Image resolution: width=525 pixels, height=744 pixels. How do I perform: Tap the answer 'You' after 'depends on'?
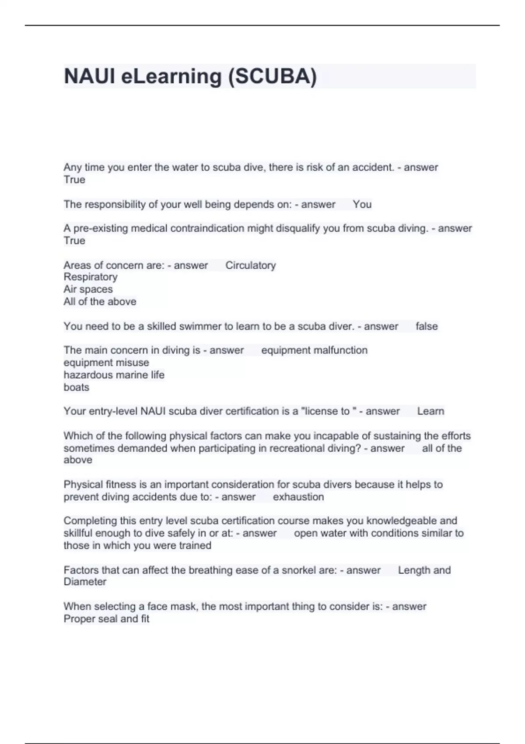point(362,204)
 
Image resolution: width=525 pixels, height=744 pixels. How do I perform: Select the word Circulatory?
point(250,265)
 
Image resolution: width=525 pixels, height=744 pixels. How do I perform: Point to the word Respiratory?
point(91,277)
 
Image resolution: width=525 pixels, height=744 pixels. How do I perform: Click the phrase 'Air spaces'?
point(88,289)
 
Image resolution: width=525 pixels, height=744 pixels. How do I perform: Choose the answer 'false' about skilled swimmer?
point(426,326)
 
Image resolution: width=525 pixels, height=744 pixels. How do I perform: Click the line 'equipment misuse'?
point(106,363)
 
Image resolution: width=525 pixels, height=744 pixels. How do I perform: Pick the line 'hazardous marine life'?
point(114,375)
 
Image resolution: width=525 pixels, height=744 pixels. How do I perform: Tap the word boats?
point(76,387)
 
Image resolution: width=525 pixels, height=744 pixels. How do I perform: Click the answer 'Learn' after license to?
point(430,411)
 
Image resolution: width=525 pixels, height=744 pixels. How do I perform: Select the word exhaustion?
point(298,497)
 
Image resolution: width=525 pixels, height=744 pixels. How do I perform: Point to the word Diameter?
point(85,582)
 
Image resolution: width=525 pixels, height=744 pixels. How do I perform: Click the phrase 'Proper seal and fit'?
point(106,619)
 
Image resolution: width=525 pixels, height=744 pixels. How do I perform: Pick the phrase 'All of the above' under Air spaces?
point(100,302)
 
